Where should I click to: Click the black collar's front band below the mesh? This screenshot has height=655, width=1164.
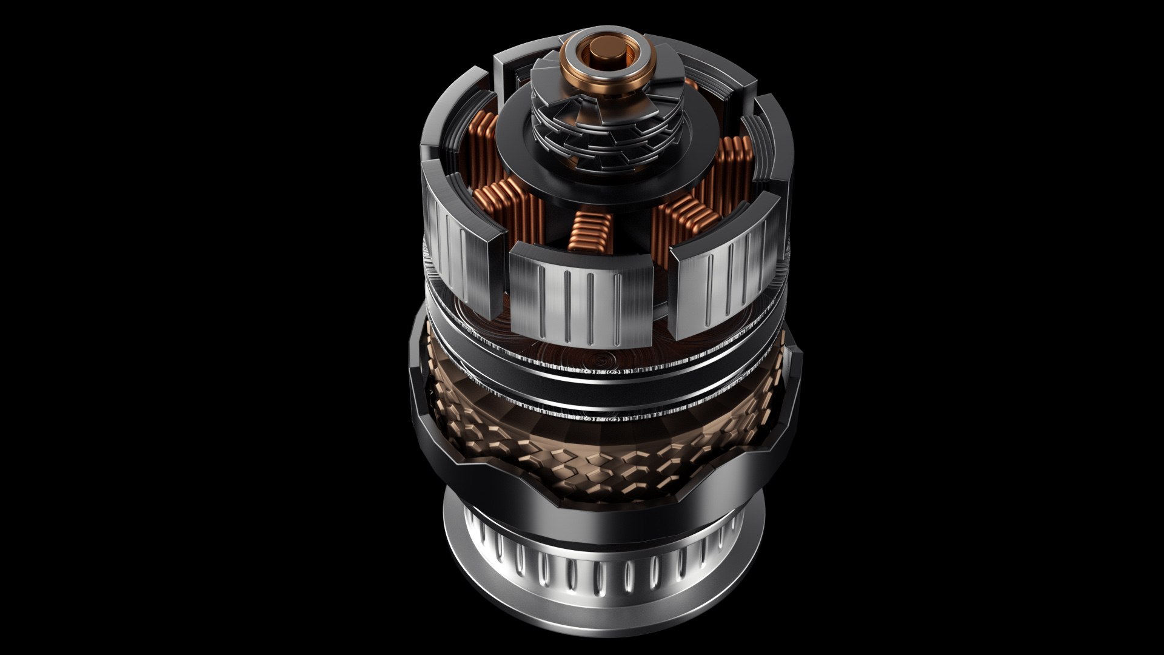[606, 516]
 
